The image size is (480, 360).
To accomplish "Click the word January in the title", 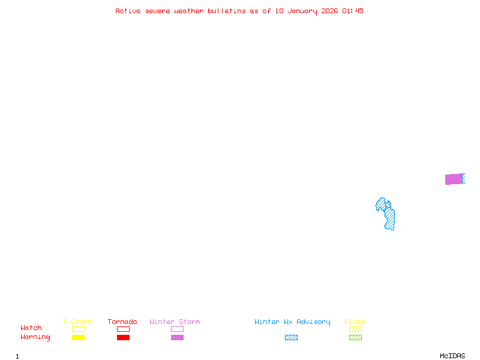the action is (302, 11).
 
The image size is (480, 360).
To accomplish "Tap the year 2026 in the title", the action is (329, 11).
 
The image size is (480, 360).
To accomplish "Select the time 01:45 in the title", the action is (353, 11).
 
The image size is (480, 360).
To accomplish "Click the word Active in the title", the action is (128, 11).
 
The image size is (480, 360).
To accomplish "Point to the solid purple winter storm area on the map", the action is (454, 179).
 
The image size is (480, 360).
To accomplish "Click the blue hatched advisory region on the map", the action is (386, 214).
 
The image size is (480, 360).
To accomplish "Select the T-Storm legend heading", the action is (77, 322).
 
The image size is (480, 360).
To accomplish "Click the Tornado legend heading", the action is (122, 322).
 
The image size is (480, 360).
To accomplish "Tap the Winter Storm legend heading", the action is (175, 322).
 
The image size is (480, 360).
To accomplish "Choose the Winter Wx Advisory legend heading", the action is (292, 322).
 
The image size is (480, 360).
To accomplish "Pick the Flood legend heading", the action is (355, 322).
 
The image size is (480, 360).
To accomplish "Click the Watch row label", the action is (31, 328).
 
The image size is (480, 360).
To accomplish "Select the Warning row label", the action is (35, 337).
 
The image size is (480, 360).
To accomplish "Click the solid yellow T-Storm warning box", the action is (79, 337).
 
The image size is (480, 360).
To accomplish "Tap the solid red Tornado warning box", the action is (124, 337).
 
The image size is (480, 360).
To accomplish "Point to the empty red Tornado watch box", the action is (124, 326).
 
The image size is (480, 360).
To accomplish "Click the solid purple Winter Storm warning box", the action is (177, 337).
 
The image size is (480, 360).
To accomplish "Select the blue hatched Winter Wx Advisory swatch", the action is (291, 337).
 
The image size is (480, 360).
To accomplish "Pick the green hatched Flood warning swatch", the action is (355, 337).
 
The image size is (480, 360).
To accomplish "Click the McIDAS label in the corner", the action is (452, 356).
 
